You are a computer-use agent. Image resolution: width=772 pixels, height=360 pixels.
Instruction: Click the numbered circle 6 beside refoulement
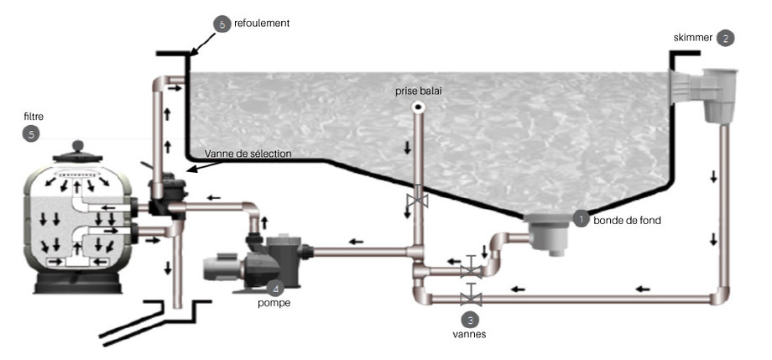tap(222, 24)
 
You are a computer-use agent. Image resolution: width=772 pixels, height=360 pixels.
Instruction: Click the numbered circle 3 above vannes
tap(472, 319)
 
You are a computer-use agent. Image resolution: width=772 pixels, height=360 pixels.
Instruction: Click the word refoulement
tap(262, 24)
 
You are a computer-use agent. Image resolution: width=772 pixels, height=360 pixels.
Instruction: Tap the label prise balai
tap(417, 90)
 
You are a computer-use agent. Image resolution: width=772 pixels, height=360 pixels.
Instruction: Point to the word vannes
tap(472, 334)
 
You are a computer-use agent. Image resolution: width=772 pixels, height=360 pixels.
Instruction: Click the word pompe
tap(274, 303)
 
